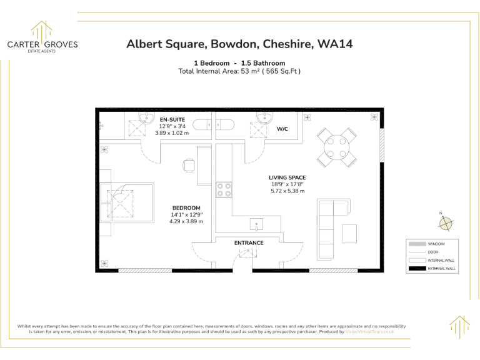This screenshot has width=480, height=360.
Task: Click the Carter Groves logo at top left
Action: [x=42, y=37]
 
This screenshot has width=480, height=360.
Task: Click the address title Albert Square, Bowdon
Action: [x=239, y=44]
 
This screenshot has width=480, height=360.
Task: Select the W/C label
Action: [x=282, y=129]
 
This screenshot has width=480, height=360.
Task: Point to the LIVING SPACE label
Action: [x=287, y=177]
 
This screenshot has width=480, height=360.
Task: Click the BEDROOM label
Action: [x=186, y=208]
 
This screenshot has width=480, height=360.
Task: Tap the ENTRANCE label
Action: [x=249, y=242]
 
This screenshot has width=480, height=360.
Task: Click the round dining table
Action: [x=337, y=145]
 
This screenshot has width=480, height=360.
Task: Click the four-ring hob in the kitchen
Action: [x=224, y=189]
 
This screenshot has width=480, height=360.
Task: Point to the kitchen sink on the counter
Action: [x=256, y=224]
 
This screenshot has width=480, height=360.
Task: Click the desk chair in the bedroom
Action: [x=189, y=166]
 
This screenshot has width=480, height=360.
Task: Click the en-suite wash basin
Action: [x=147, y=118]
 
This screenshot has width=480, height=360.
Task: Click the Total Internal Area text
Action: [x=239, y=71]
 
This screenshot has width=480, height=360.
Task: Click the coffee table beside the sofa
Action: [x=349, y=233]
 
